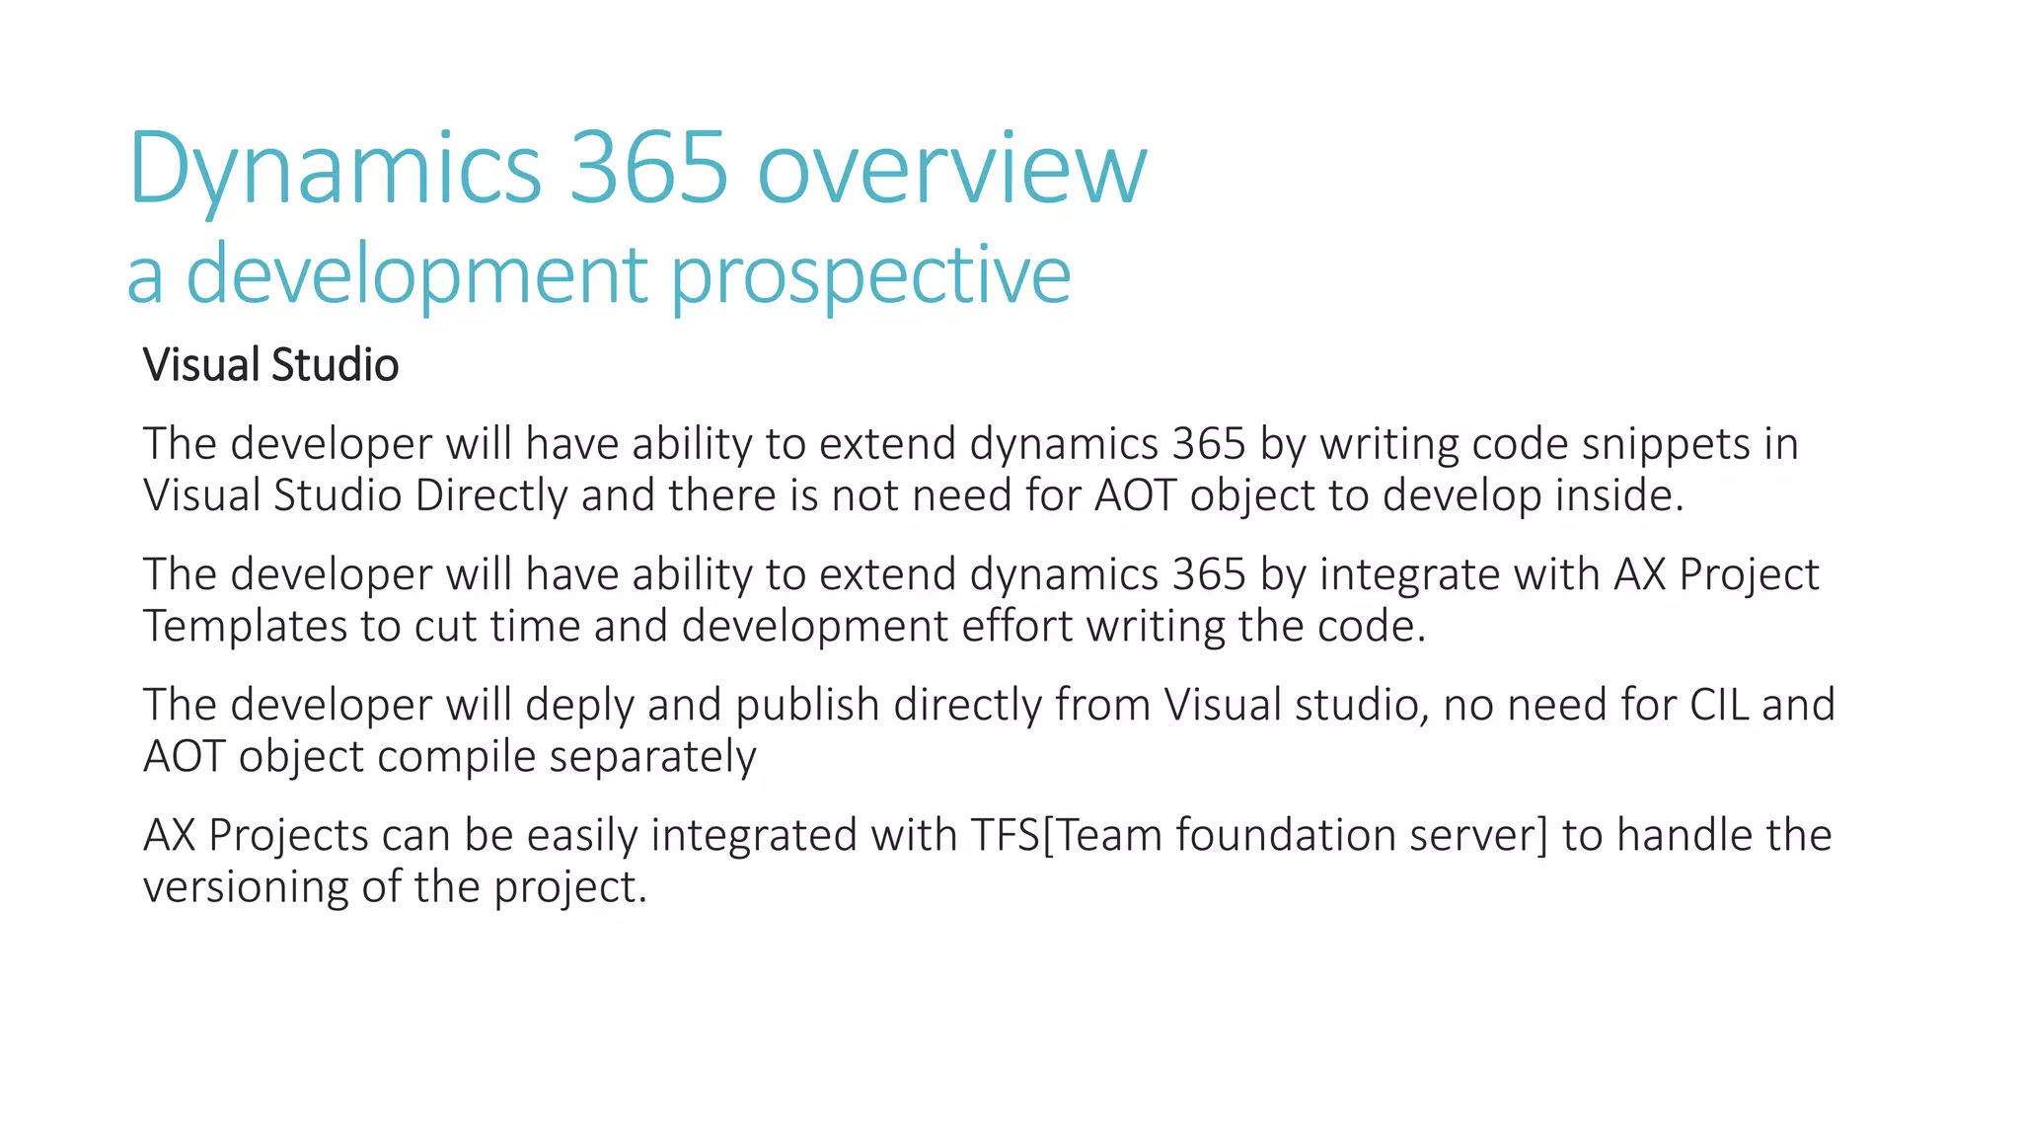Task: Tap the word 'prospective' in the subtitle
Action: coord(870,275)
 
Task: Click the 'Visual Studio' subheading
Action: coord(270,364)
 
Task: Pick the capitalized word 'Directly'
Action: coord(490,495)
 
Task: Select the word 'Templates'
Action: coord(245,626)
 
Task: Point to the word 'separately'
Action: coord(652,757)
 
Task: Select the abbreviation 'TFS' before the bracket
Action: coord(1005,835)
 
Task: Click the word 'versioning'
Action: coord(245,886)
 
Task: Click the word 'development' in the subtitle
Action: coord(416,275)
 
